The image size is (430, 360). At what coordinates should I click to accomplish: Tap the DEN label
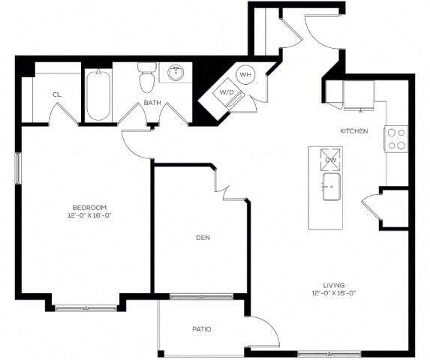point(202,238)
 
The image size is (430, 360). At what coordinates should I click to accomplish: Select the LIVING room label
point(333,285)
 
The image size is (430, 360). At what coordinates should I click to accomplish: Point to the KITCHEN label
point(353,131)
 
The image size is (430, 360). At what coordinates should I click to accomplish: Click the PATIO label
point(200,328)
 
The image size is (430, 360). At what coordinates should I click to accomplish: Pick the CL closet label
point(57,94)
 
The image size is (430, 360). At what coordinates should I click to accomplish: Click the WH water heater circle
point(245,74)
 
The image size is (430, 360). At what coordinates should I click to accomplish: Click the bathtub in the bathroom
point(98,95)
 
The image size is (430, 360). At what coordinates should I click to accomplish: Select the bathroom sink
point(177,73)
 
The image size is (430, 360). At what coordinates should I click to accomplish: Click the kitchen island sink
point(331,187)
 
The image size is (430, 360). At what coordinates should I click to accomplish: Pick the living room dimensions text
point(333,293)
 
